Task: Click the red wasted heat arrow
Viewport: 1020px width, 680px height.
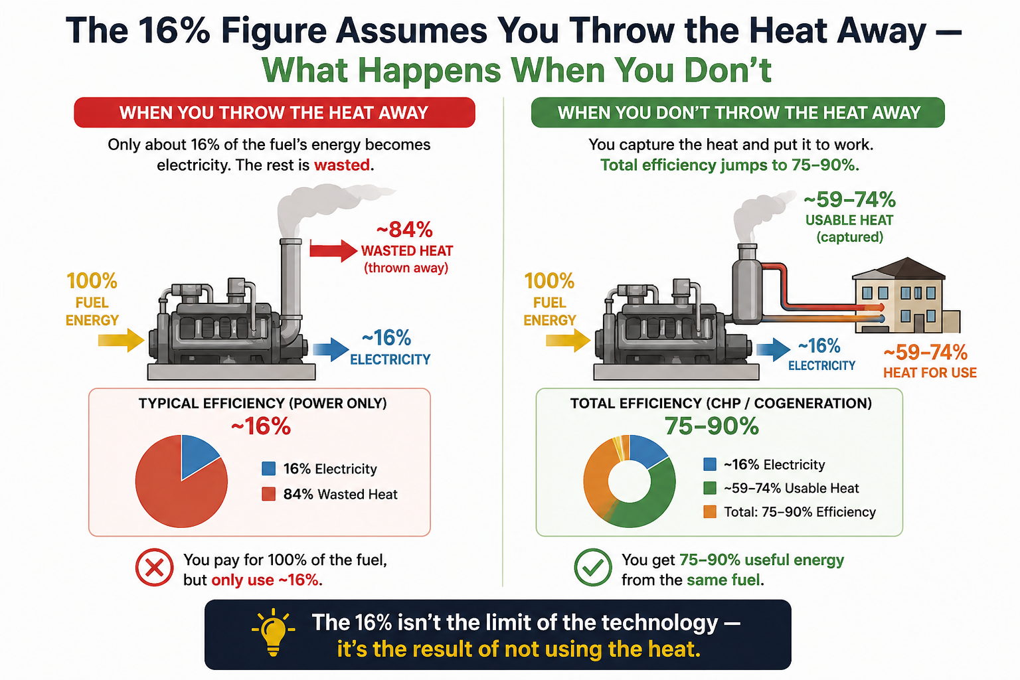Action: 333,250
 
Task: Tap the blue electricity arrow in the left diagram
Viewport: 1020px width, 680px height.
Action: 331,349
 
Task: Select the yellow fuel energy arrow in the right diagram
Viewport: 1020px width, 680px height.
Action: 568,340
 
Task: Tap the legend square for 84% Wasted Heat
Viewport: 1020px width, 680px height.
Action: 269,494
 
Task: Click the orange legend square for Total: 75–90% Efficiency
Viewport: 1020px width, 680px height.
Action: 709,512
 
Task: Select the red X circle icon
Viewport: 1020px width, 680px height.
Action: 154,567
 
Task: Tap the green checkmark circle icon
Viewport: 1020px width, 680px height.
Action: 593,567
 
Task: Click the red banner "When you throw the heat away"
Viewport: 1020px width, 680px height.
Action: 274,112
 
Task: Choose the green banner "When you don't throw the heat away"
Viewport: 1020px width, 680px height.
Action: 738,112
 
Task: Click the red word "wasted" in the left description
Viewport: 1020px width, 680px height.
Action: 341,165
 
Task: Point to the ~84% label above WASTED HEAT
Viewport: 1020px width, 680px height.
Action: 404,230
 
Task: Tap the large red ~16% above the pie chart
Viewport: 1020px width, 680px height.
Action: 261,427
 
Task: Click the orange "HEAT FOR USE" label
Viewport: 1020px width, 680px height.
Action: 930,373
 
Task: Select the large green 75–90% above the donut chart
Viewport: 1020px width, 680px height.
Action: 712,426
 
